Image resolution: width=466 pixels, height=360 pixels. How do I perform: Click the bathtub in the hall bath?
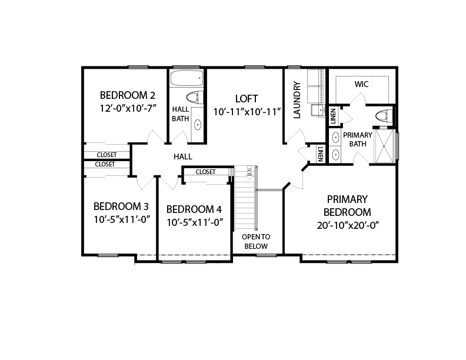tap(187, 78)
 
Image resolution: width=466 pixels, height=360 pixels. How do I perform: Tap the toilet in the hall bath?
tap(195, 97)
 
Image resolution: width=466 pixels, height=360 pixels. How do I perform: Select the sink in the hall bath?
tap(198, 125)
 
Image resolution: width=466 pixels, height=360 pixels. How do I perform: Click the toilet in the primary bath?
tap(384, 115)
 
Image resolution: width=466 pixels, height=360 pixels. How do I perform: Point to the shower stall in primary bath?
tap(385, 146)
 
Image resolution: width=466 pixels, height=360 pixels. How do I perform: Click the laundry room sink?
tap(318, 111)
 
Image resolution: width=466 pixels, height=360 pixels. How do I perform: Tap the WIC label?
tap(361, 84)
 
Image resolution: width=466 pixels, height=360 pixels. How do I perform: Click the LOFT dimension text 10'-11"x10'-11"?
tap(247, 112)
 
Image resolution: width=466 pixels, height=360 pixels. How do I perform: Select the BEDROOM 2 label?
tap(128, 95)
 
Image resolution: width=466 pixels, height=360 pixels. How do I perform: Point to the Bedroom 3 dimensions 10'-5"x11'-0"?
tap(122, 219)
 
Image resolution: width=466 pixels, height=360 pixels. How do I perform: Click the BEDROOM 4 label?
tap(194, 209)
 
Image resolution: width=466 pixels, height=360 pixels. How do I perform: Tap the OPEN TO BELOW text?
tap(256, 242)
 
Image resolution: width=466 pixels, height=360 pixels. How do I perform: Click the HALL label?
tap(183, 156)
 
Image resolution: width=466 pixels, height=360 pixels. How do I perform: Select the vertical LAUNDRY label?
tap(297, 100)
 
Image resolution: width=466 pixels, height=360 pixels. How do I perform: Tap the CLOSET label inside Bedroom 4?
tap(205, 172)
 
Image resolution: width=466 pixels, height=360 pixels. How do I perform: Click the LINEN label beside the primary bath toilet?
tap(333, 116)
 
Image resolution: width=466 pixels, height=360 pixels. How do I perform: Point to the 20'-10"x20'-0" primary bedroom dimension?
tap(348, 225)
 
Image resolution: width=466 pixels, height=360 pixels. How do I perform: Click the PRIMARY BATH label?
tap(358, 139)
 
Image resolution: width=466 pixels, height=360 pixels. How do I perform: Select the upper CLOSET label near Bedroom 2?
tap(106, 155)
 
